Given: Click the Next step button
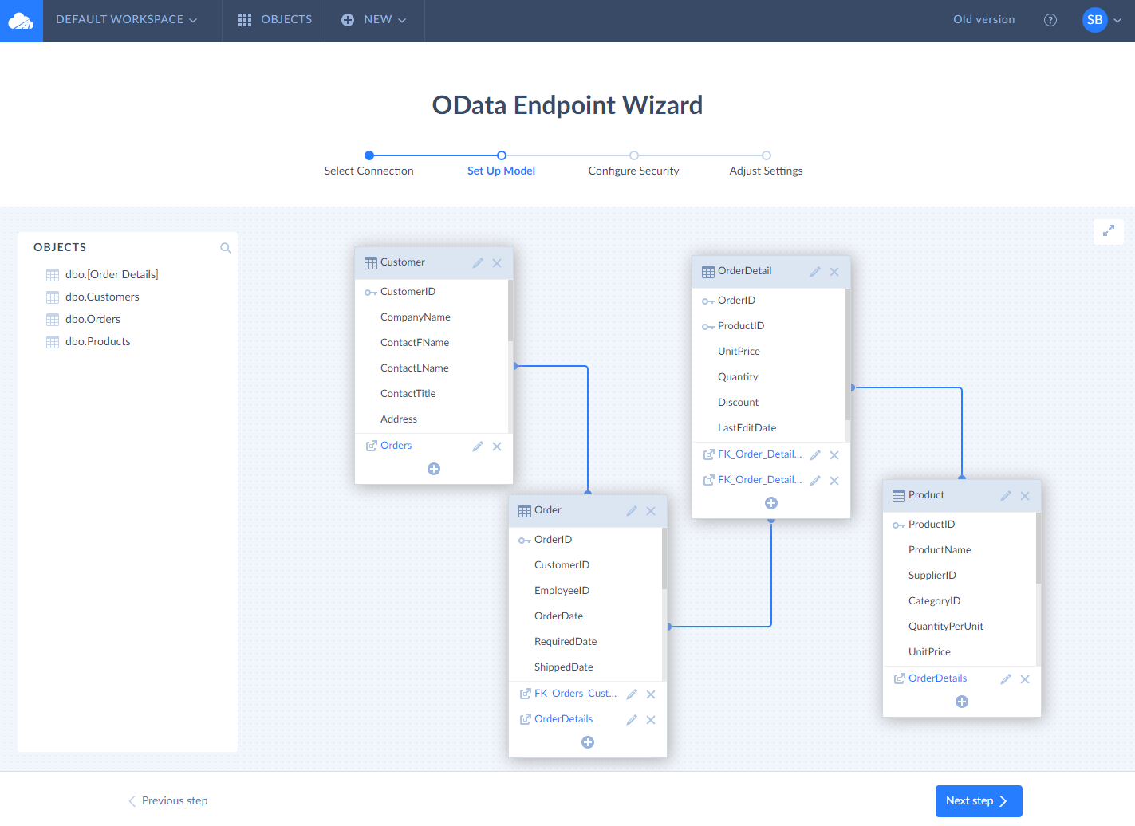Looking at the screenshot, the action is coord(979,800).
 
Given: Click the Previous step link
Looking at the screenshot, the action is coord(168,800).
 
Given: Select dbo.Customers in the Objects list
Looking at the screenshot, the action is coord(102,297).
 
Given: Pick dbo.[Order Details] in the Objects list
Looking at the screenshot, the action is coord(112,274).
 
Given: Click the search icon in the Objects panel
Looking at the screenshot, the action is coord(226,248).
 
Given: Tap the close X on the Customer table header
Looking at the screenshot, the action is coord(497,263).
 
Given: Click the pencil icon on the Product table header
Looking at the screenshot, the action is coord(1006,496).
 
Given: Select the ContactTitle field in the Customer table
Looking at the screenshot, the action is coord(408,394).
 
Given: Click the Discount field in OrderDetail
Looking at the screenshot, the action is coord(738,402).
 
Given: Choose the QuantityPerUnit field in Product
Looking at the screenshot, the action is coord(945,626).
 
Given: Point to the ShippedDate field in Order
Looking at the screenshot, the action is coord(563,667).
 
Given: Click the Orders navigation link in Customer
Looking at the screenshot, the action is coord(396,445).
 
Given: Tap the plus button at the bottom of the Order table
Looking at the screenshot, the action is coord(588,742).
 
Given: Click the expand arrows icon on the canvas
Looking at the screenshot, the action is coord(1109,231).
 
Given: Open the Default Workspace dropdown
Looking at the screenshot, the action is coord(126,19).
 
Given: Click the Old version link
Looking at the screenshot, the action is coord(983,19).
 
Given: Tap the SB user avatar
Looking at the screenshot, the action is coord(1094,20).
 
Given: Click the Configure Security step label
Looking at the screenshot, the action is coord(633,171).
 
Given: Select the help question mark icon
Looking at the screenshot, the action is coord(1050,20).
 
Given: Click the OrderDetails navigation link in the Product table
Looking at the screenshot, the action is coord(937,678).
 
